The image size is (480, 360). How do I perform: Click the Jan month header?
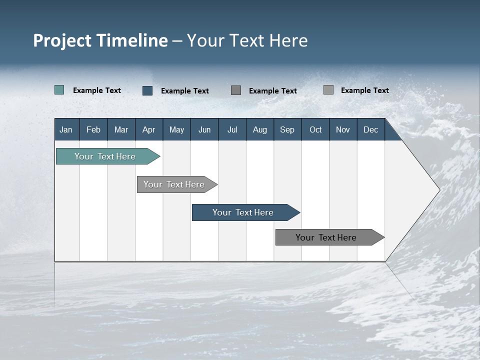tap(66, 129)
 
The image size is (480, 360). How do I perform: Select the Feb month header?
tap(93, 129)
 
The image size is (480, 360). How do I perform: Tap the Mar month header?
tap(121, 129)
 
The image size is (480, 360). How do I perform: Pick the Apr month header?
tap(148, 129)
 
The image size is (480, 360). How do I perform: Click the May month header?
tap(176, 129)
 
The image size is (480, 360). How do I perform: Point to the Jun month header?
tap(204, 129)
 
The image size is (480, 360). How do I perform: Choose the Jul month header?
tap(232, 129)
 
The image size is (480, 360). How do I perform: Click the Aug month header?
tap(259, 129)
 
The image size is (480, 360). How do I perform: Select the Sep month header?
tap(287, 129)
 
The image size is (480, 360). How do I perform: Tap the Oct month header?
tap(315, 129)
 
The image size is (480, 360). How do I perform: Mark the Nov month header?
tap(343, 129)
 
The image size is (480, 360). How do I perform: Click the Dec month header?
tap(370, 129)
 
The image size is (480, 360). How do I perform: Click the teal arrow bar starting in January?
tap(105, 156)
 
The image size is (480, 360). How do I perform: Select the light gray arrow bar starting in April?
tap(174, 184)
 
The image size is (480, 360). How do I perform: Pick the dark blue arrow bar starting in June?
tap(243, 212)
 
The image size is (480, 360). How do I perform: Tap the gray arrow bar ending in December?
tap(326, 237)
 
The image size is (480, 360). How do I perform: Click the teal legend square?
tap(59, 90)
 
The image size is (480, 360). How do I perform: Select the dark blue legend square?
tap(147, 90)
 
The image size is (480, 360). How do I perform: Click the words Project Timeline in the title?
tap(100, 40)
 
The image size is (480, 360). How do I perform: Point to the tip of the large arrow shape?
tap(438, 190)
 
